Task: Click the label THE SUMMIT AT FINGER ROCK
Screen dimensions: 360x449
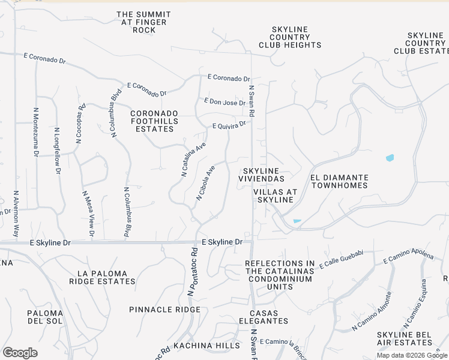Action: tap(143, 22)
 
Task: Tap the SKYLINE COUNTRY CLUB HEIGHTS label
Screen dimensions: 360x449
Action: tap(290, 37)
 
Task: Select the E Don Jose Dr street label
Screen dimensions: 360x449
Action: tap(224, 102)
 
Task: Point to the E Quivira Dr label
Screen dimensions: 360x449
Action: tap(229, 125)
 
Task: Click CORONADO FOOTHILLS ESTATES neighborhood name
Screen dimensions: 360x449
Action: tap(154, 121)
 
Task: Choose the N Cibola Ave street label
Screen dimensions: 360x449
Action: tap(205, 183)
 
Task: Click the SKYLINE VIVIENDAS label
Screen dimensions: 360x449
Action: tap(264, 175)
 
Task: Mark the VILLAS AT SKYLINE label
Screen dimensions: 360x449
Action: tap(276, 196)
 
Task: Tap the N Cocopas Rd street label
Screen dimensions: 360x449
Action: tap(80, 124)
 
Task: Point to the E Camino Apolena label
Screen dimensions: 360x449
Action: tap(408, 258)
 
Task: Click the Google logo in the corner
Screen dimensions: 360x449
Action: tap(20, 353)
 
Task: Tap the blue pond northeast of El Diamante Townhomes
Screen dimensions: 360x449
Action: tap(390, 158)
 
